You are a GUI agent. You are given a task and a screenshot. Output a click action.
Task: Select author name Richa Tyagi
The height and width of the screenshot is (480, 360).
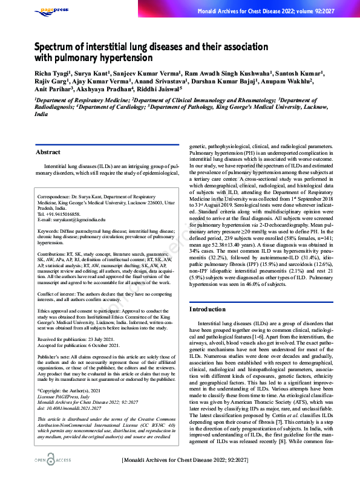[x=52, y=73]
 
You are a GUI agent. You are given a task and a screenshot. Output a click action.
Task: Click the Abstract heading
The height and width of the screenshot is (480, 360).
[x=48, y=152]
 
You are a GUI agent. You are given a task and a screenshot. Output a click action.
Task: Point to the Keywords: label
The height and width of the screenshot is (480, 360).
[x=49, y=231]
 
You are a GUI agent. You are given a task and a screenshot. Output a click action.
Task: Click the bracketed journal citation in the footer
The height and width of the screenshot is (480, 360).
[x=189, y=460]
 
